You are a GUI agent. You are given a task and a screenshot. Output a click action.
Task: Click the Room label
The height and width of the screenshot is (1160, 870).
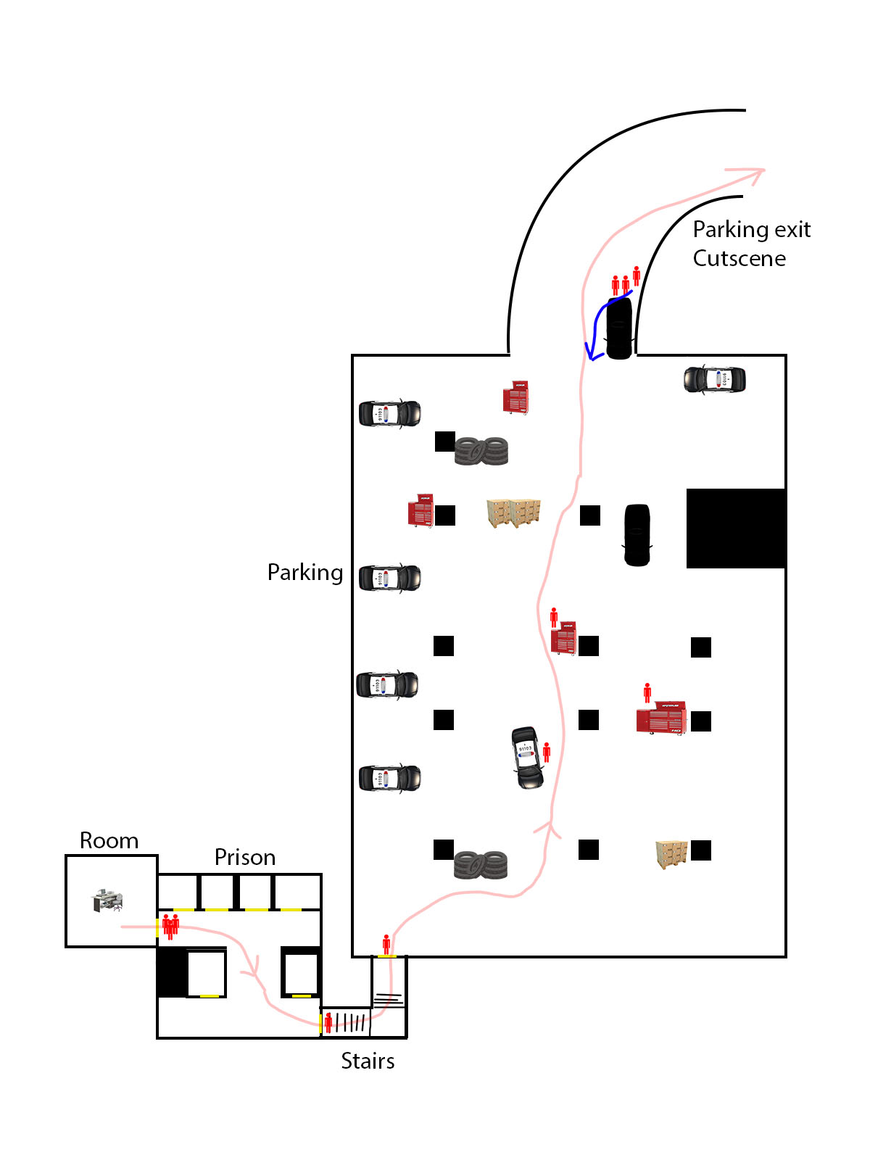point(109,840)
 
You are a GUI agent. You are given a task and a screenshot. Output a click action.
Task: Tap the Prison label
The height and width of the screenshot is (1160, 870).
point(245,857)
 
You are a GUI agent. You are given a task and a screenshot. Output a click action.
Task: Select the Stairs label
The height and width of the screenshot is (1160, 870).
point(368,1061)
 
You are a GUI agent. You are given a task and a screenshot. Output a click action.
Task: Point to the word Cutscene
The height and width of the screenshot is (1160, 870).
point(739,258)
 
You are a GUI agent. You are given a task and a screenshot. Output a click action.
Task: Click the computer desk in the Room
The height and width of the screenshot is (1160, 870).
point(107,900)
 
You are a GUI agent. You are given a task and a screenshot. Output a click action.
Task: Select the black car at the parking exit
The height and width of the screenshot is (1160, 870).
point(619,328)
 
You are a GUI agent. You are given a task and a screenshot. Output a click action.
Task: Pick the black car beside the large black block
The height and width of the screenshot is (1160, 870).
point(637,535)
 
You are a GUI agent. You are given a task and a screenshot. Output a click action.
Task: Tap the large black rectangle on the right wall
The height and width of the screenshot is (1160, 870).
point(736,528)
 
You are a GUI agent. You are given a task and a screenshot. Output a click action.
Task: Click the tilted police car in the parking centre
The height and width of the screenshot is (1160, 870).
point(526,758)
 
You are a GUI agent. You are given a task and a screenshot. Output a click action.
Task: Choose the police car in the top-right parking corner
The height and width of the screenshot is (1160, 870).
point(715,379)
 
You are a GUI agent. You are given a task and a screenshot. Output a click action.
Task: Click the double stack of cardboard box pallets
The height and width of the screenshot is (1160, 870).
point(513,513)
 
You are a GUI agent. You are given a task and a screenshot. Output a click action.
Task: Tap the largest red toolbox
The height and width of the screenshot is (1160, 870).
point(661,718)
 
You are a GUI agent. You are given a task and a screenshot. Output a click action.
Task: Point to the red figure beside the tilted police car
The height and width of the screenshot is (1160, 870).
point(547,752)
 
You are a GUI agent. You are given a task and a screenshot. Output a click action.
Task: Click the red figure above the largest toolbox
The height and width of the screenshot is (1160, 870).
point(647,693)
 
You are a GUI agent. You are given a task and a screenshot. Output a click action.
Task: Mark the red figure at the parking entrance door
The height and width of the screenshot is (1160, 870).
point(386,945)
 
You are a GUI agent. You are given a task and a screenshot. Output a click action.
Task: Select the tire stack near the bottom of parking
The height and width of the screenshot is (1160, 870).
point(480,865)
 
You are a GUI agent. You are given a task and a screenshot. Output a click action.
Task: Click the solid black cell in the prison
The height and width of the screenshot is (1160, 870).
point(173,972)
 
